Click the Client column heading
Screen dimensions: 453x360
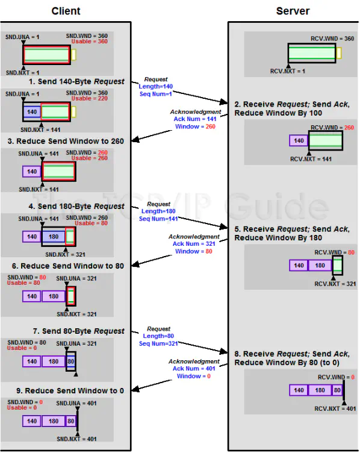[66, 11]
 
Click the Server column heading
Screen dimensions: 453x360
[293, 11]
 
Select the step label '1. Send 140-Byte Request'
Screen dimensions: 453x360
[76, 81]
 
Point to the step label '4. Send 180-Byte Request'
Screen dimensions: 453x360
[76, 206]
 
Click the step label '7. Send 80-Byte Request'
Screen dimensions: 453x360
[76, 331]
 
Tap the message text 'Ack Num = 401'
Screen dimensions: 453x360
[193, 369]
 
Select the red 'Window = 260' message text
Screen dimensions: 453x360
[193, 127]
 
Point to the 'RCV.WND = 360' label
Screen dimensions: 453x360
[332, 39]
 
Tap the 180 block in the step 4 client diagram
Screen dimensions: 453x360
[54, 237]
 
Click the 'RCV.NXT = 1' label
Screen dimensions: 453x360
[288, 71]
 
